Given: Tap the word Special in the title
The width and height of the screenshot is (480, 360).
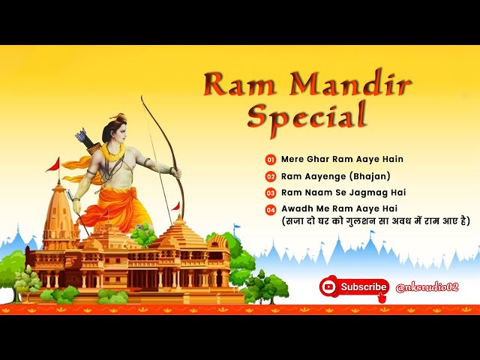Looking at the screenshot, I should click(x=307, y=115).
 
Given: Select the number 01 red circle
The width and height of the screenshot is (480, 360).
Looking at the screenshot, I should click(x=271, y=160).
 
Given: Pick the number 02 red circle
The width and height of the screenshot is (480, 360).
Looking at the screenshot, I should click(x=271, y=176).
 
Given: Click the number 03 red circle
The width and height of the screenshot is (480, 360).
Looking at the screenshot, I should click(x=271, y=193).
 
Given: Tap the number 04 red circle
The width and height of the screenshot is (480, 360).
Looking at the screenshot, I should click(x=271, y=208).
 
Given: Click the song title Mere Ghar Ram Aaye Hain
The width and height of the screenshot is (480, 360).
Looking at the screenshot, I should click(x=331, y=160).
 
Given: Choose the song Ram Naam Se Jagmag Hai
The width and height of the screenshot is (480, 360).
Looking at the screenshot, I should click(x=333, y=193).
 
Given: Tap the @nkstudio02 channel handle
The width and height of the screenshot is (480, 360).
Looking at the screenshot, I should click(x=427, y=286).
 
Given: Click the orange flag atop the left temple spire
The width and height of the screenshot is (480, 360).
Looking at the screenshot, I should click(x=52, y=163).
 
